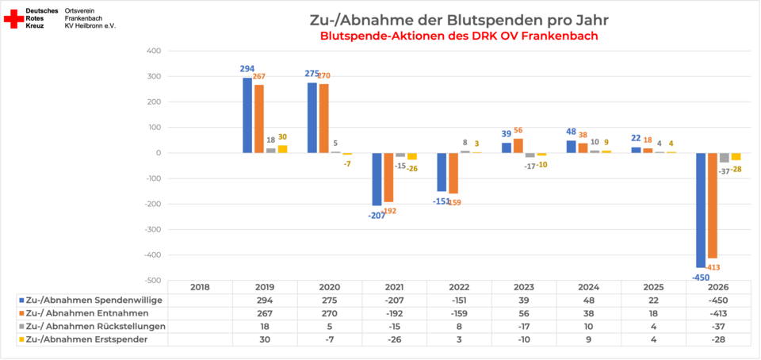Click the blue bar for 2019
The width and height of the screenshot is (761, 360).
pyautogui.click(x=247, y=116)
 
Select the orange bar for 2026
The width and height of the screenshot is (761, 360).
pyautogui.click(x=713, y=205)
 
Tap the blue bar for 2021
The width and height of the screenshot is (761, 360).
pyautogui.click(x=377, y=179)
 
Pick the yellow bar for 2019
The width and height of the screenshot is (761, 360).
pyautogui.click(x=282, y=149)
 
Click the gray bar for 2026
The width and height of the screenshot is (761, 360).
pyautogui.click(x=724, y=158)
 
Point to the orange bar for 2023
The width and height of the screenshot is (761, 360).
pyautogui.click(x=518, y=146)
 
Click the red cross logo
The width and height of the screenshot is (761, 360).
pyautogui.click(x=13, y=19)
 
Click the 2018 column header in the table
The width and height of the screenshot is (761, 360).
pyautogui.click(x=200, y=287)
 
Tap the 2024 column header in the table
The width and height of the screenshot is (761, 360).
pyautogui.click(x=589, y=287)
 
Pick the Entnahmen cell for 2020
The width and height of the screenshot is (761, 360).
pyautogui.click(x=330, y=313)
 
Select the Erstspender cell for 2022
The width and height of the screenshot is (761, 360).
pyautogui.click(x=459, y=339)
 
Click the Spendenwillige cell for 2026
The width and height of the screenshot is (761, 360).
pyautogui.click(x=718, y=301)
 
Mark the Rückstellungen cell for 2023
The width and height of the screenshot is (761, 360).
pyautogui.click(x=524, y=326)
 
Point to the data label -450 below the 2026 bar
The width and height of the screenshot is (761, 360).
pyautogui.click(x=699, y=278)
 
